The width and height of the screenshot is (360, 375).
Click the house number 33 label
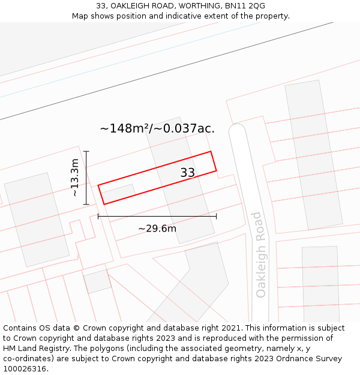click(x=188, y=173)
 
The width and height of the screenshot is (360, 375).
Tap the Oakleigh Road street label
click(x=260, y=254)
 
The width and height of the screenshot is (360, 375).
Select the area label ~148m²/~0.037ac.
click(x=157, y=128)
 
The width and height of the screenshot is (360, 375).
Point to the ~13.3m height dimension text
click(x=74, y=178)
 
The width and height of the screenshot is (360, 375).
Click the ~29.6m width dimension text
click(x=157, y=229)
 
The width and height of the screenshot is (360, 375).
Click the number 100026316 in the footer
click(x=24, y=369)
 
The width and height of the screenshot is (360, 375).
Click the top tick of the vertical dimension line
click(x=86, y=151)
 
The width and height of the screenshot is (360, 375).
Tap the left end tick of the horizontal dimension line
click(x=98, y=216)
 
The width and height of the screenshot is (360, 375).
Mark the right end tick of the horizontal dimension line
click(x=217, y=216)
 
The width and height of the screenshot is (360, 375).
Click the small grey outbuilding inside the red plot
click(x=118, y=193)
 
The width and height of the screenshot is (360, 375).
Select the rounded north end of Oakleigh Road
click(x=238, y=131)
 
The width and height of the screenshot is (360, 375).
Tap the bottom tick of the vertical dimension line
click(x=86, y=205)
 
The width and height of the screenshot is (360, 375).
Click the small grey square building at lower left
click(x=97, y=281)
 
